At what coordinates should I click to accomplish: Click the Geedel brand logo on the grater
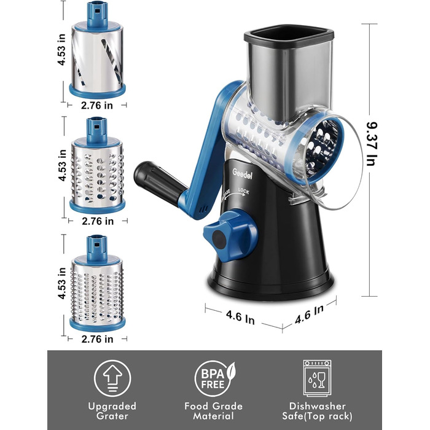tap(242, 174)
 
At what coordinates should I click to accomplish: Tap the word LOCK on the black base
tap(243, 191)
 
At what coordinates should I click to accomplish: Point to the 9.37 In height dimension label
tap(372, 144)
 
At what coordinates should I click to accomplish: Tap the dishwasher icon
tap(318, 378)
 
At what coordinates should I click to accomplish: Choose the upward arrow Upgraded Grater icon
tap(112, 378)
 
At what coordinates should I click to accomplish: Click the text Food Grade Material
tap(214, 411)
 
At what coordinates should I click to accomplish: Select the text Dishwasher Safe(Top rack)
tap(318, 411)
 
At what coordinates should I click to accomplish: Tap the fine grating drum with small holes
tap(97, 283)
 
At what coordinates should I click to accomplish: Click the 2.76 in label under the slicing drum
tap(97, 105)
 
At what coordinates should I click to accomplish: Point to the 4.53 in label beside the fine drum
tap(62, 283)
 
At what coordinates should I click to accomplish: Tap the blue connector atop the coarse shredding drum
tap(97, 131)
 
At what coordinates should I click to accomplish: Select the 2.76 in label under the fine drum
tap(97, 339)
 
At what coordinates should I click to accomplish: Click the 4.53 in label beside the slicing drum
tap(61, 49)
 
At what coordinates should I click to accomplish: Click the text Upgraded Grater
tap(112, 411)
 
